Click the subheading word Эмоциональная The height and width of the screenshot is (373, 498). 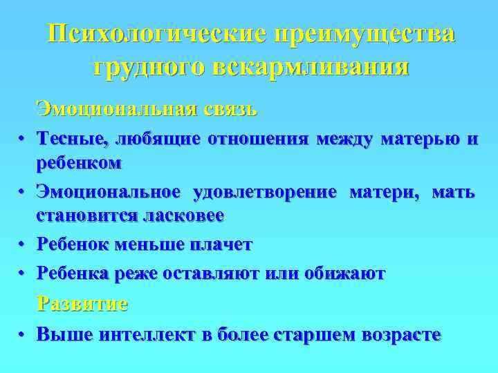pyautogui.click(x=117, y=108)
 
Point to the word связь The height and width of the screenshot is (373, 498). pyautogui.click(x=231, y=108)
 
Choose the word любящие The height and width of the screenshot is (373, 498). pyautogui.click(x=157, y=140)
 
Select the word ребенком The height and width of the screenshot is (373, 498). pyautogui.click(x=80, y=164)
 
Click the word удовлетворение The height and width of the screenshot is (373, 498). pyautogui.click(x=266, y=191)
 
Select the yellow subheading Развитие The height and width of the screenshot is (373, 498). pyautogui.click(x=82, y=304)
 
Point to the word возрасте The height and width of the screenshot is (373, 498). pyautogui.click(x=398, y=334)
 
